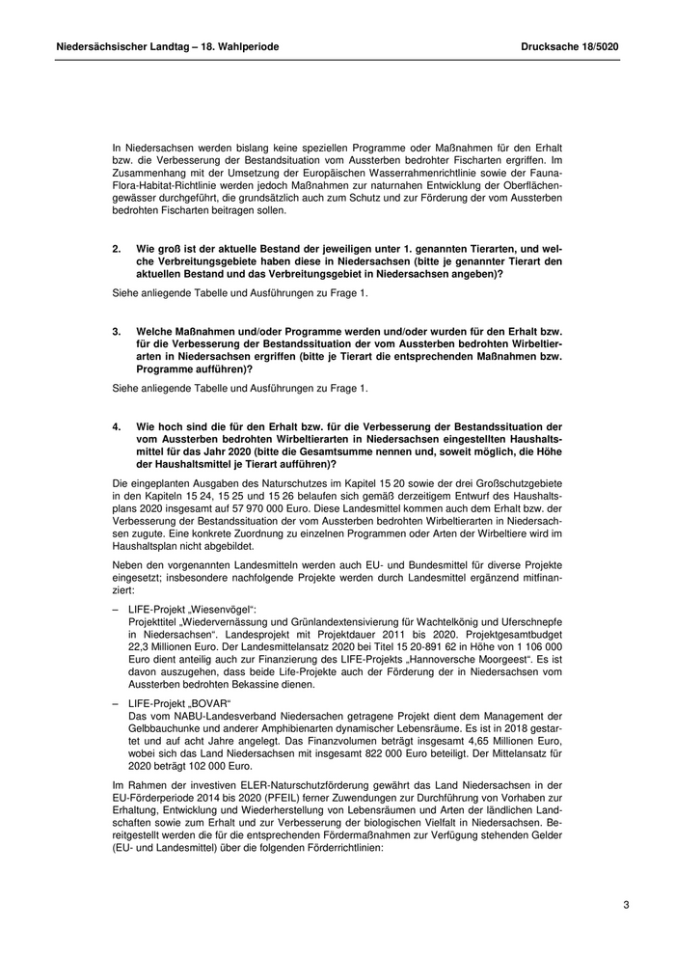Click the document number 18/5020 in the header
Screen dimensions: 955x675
[596, 45]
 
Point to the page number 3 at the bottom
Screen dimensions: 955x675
[626, 905]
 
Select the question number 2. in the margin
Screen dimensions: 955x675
[117, 249]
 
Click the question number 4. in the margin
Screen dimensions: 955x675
[117, 425]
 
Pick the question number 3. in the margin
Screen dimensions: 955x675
[117, 331]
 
